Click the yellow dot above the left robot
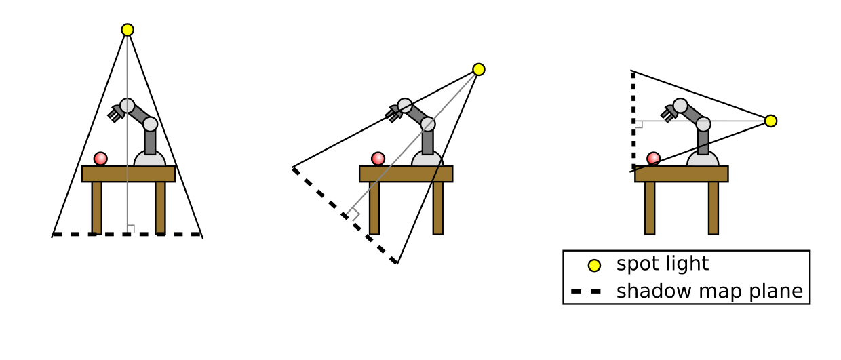point(128,30)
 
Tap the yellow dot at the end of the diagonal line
point(479,69)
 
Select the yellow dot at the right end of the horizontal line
point(770,121)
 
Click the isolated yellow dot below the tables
point(594,265)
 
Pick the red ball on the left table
point(100,159)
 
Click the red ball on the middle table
point(378,159)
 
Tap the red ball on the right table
point(653,159)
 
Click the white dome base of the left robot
point(150,160)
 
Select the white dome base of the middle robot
point(427,160)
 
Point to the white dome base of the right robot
point(703,160)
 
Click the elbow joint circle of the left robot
point(150,124)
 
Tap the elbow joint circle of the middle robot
point(427,124)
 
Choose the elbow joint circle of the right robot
point(703,124)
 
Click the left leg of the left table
point(97,207)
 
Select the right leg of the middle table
point(437,207)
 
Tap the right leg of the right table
point(713,207)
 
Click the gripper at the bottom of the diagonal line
point(353,214)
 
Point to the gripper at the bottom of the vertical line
point(130,228)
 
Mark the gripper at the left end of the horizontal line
point(639,124)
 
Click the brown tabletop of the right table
point(681,174)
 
